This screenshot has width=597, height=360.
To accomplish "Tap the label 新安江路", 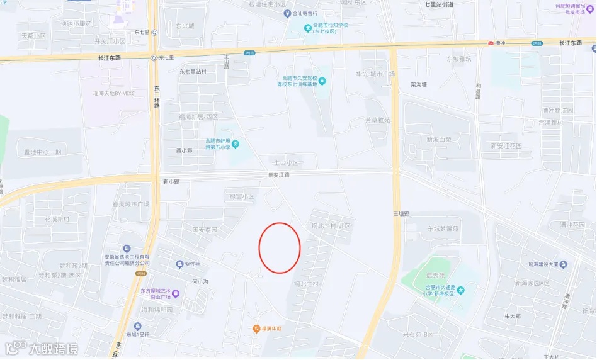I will (278, 176).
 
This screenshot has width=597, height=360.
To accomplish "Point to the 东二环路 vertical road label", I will (157, 98).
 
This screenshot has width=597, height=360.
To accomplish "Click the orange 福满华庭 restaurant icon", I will (256, 329).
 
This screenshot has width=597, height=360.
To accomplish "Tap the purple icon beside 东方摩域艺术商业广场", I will (176, 293).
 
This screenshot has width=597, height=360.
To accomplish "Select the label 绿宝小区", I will (241, 197).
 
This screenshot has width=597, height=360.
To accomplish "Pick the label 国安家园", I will (204, 230).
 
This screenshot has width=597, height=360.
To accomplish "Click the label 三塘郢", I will (401, 214).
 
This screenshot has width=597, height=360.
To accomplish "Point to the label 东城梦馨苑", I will (443, 229).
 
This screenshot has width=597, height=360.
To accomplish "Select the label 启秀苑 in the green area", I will (435, 276).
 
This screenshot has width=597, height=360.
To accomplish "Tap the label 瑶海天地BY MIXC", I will (114, 93).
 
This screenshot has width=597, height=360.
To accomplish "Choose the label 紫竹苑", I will (191, 264).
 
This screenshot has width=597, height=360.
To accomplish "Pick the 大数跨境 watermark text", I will (55, 348).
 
